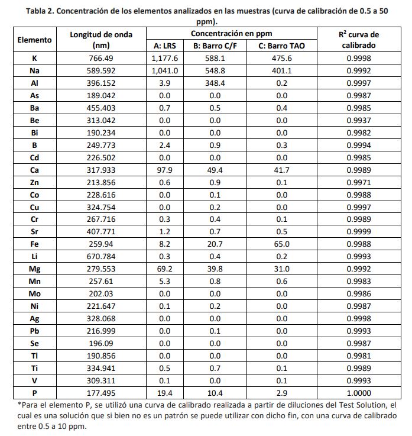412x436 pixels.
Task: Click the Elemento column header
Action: click(x=34, y=40)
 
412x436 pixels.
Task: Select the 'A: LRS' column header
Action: click(x=165, y=46)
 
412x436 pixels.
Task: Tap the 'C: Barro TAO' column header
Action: click(x=281, y=46)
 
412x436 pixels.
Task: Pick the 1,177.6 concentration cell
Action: click(x=165, y=58)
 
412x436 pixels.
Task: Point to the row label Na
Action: click(x=34, y=70)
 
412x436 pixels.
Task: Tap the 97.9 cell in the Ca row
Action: click(x=165, y=170)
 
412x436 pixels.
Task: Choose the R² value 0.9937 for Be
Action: click(x=359, y=120)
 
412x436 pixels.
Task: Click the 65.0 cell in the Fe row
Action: click(x=281, y=244)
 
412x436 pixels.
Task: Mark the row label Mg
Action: click(x=34, y=269)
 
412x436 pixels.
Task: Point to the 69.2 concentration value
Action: click(x=165, y=269)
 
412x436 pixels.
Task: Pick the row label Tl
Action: click(x=34, y=356)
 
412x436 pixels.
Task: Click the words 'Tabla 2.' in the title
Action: click(x=40, y=10)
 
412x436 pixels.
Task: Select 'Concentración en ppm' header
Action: click(x=232, y=34)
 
